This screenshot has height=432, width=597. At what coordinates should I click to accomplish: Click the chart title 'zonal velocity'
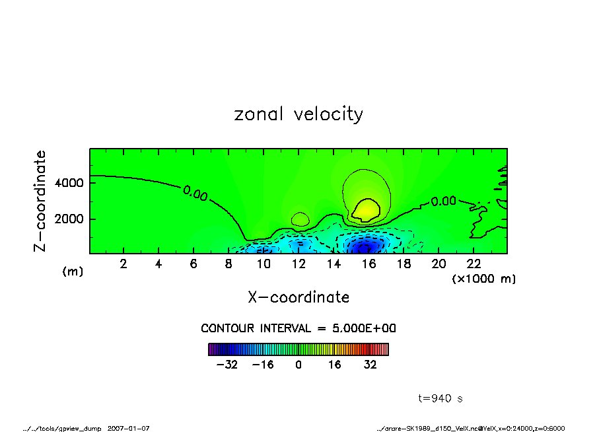tap(298, 114)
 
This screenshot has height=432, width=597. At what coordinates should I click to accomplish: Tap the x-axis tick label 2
tap(123, 264)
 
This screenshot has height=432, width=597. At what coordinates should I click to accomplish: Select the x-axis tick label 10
tap(263, 264)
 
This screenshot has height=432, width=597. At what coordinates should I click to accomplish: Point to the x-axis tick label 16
tap(369, 264)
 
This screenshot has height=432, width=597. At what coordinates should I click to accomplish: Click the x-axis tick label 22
tap(474, 264)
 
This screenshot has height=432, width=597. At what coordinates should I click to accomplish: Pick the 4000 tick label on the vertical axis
tap(68, 182)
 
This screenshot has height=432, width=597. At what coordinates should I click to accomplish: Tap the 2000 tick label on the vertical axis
tap(68, 219)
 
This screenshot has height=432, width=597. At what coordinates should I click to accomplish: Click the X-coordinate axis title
tap(298, 297)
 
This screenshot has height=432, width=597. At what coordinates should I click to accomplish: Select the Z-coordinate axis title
tap(40, 200)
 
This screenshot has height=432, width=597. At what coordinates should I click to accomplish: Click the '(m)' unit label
tap(73, 271)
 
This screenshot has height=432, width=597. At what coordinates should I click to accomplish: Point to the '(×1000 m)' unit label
tap(484, 279)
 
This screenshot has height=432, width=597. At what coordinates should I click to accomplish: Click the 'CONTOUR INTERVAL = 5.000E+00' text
tap(298, 328)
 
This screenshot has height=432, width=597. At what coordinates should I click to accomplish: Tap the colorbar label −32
tap(227, 365)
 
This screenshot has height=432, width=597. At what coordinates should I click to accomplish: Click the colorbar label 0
tap(298, 365)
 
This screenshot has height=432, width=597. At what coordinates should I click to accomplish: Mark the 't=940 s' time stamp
tap(440, 398)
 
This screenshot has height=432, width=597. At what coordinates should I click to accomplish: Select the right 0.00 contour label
tap(443, 201)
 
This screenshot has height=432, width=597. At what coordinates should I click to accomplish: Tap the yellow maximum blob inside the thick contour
tap(365, 210)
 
